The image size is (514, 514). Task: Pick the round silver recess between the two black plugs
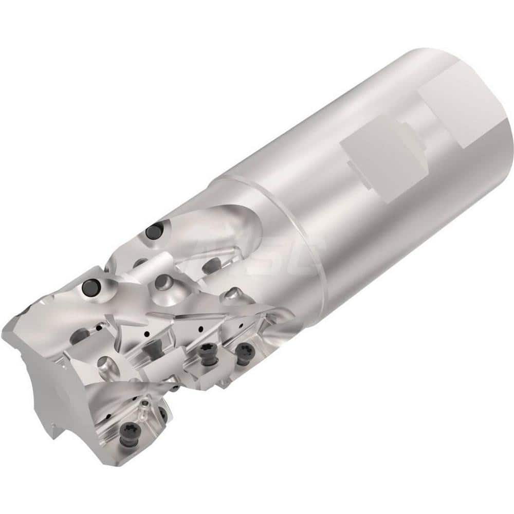[x=163, y=281]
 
